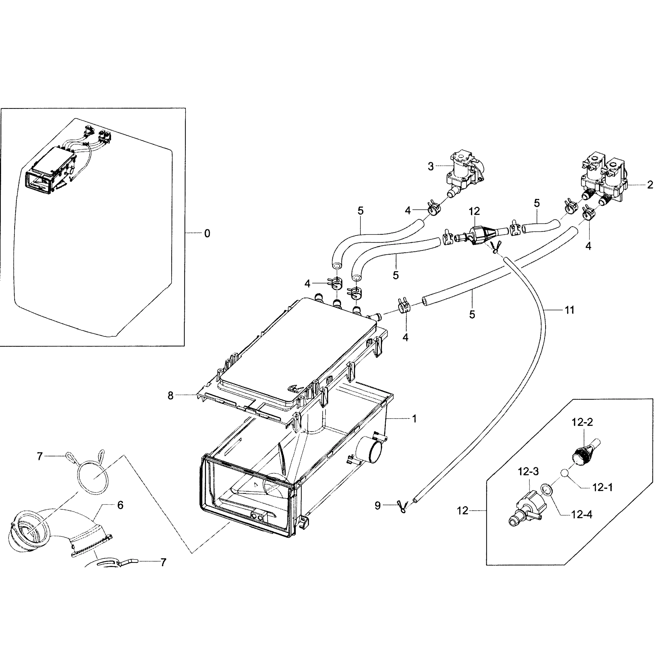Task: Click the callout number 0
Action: click(x=207, y=234)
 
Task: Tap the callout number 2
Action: click(x=650, y=185)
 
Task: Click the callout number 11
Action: click(x=570, y=310)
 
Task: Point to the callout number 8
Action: click(x=170, y=396)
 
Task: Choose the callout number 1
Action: click(x=415, y=419)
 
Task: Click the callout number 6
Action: click(x=120, y=505)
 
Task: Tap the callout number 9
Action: click(x=377, y=506)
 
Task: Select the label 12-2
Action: click(x=582, y=422)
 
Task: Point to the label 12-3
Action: click(x=528, y=472)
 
